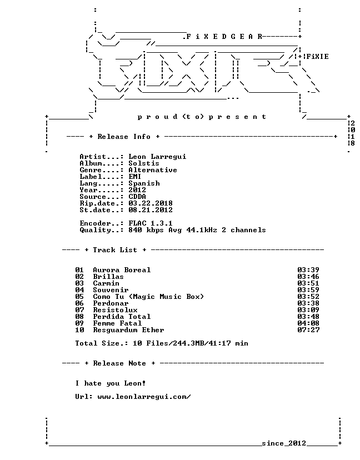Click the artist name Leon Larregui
(x=157, y=157)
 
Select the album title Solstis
(x=144, y=163)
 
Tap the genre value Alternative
(x=153, y=170)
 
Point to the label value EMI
(x=134, y=177)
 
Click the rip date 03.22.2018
(x=151, y=203)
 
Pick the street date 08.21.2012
(x=151, y=210)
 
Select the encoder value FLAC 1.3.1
(x=151, y=223)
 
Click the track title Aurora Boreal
(x=122, y=270)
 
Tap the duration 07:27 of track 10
(x=308, y=330)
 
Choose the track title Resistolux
(x=115, y=310)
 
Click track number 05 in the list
(x=79, y=297)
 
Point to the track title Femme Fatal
(x=117, y=323)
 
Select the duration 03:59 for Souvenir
(x=308, y=290)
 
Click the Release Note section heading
(x=119, y=363)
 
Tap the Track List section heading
(x=115, y=250)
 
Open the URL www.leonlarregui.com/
(x=144, y=397)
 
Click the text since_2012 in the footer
(x=284, y=443)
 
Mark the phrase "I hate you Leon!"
(x=111, y=383)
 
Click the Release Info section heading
(x=124, y=137)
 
